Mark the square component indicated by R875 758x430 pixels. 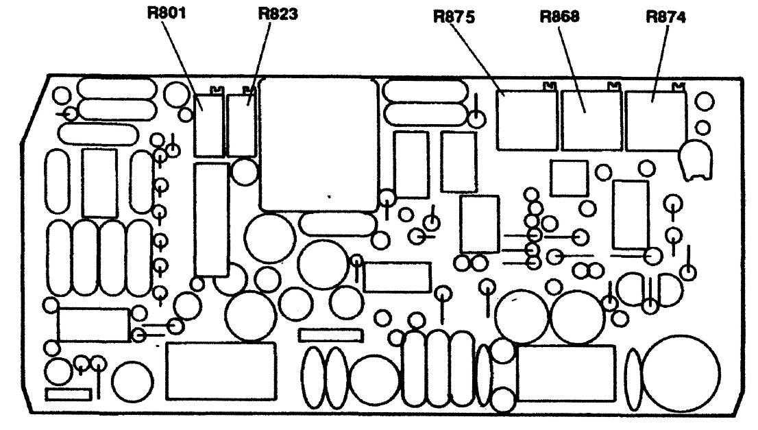pyautogui.click(x=527, y=120)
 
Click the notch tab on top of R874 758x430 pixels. pyautogui.click(x=678, y=86)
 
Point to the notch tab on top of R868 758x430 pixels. pyautogui.click(x=614, y=86)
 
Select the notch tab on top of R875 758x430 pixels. pyautogui.click(x=549, y=86)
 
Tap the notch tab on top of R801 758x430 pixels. pyautogui.click(x=218, y=89)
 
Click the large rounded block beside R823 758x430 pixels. pyautogui.click(x=319, y=144)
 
